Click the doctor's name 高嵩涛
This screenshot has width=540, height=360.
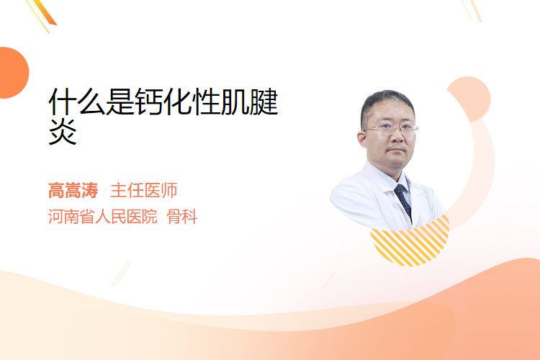(73, 191)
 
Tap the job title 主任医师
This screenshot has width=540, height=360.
(143, 191)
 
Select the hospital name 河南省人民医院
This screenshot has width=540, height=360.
(103, 217)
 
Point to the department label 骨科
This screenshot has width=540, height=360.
(182, 217)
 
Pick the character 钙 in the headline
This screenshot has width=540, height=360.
(149, 102)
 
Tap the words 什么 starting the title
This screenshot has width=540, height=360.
(77, 102)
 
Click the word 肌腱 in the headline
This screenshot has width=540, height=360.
(249, 102)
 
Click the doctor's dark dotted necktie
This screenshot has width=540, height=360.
(404, 200)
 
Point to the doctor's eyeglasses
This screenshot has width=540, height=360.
(390, 129)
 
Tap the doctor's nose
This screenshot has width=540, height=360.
(396, 137)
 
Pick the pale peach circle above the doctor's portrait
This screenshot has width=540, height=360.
(471, 97)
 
